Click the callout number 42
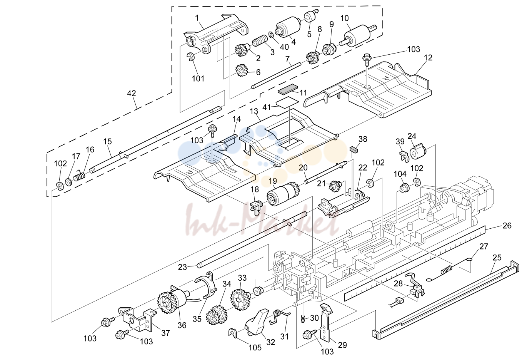coord(132,94)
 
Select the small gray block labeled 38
coord(354,149)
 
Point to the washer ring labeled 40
coord(270,35)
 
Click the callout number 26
coord(507,226)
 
